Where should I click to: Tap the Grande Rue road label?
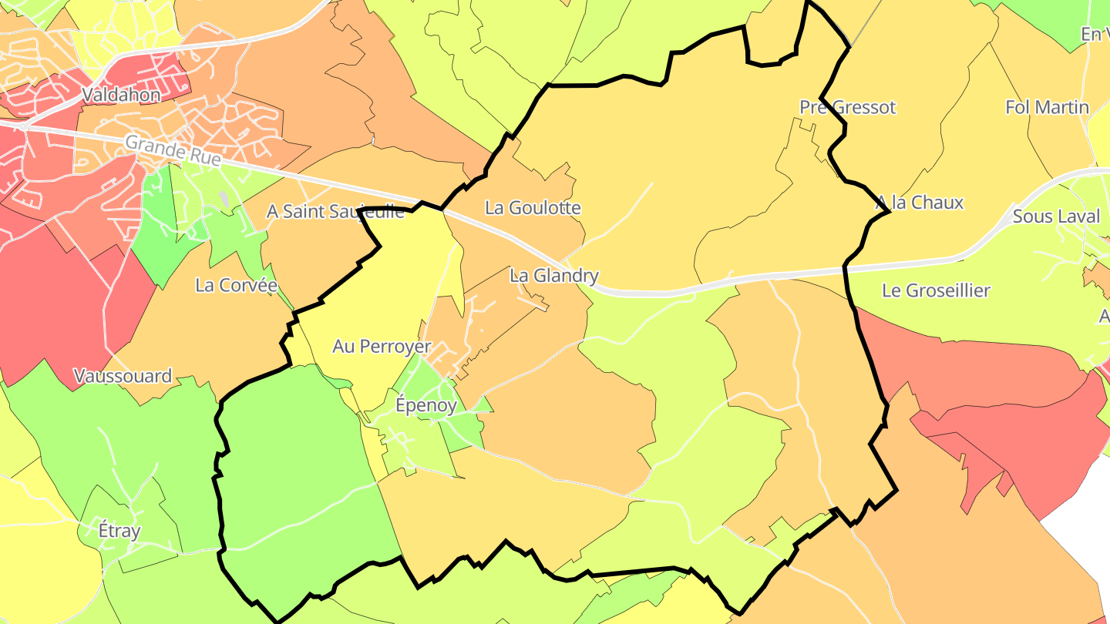tap(173, 151)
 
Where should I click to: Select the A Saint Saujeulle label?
tap(335, 211)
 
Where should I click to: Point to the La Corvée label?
tap(236, 285)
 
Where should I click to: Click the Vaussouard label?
tap(123, 376)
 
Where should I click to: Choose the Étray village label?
tap(119, 531)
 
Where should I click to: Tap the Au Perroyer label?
tap(382, 347)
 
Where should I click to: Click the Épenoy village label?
tap(425, 405)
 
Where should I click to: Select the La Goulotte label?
tap(533, 207)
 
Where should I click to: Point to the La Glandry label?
tap(553, 275)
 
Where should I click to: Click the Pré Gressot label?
tap(848, 107)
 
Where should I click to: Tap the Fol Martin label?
tap(1047, 107)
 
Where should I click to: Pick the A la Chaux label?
tap(920, 203)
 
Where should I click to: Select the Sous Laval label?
tap(1056, 216)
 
